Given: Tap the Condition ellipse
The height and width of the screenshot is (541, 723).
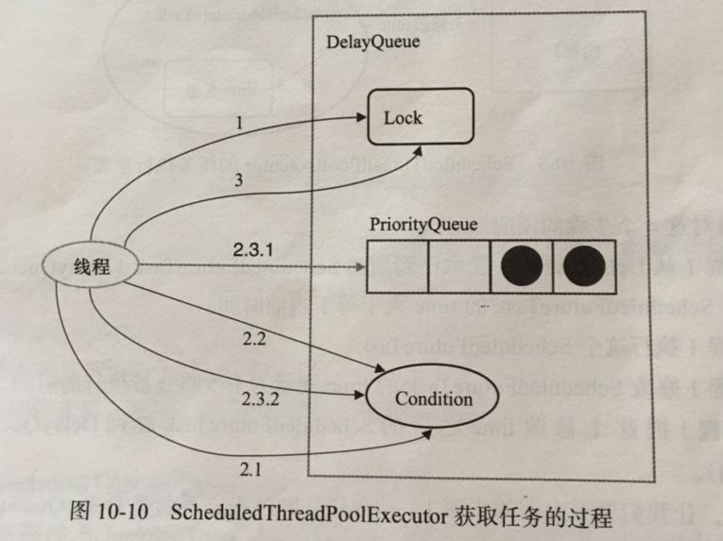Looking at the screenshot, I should pyautogui.click(x=434, y=399).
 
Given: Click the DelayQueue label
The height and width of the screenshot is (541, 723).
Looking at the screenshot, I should pyautogui.click(x=372, y=42).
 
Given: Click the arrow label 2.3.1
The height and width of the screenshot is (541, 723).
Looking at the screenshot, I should pyautogui.click(x=252, y=250).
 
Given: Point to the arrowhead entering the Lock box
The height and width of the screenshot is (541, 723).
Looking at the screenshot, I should pyautogui.click(x=361, y=118).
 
